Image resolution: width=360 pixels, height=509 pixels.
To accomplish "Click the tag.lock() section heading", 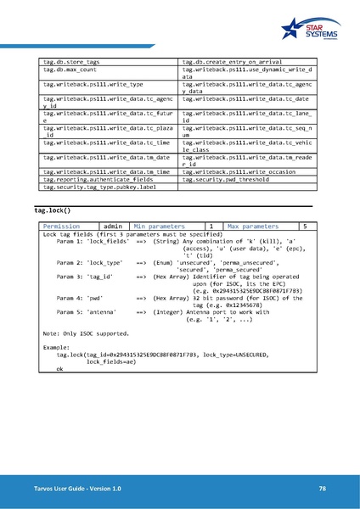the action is (51, 210).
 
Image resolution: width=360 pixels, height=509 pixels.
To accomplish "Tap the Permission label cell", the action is (61, 227).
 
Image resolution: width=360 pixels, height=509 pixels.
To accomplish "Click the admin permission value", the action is (111, 227).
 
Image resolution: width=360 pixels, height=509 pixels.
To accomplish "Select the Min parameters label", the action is (159, 227).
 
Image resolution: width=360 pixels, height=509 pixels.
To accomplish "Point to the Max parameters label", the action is (252, 227).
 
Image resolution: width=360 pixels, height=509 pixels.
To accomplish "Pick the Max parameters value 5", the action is (304, 227).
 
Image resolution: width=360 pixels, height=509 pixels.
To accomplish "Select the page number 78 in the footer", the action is (323, 487).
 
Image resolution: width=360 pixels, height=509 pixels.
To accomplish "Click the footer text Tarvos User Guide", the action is (59, 487).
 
